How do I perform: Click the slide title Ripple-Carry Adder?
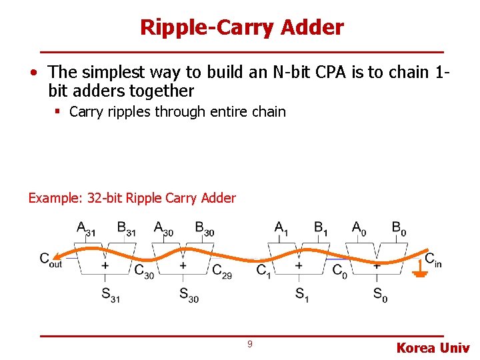click(x=241, y=27)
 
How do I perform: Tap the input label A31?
click(x=86, y=229)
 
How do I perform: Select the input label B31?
click(x=125, y=229)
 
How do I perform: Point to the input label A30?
click(x=163, y=229)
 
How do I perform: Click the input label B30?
click(x=204, y=229)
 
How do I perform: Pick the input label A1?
click(x=282, y=229)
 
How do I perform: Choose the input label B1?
click(x=321, y=229)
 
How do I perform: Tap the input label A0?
click(x=359, y=229)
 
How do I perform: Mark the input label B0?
click(x=399, y=229)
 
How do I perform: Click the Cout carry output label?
click(x=50, y=259)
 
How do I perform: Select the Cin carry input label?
click(x=433, y=260)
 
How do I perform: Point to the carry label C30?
click(x=144, y=271)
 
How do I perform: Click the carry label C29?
click(x=221, y=271)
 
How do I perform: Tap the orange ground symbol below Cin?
click(x=420, y=271)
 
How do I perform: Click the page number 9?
click(x=249, y=344)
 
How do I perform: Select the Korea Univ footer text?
click(x=433, y=347)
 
